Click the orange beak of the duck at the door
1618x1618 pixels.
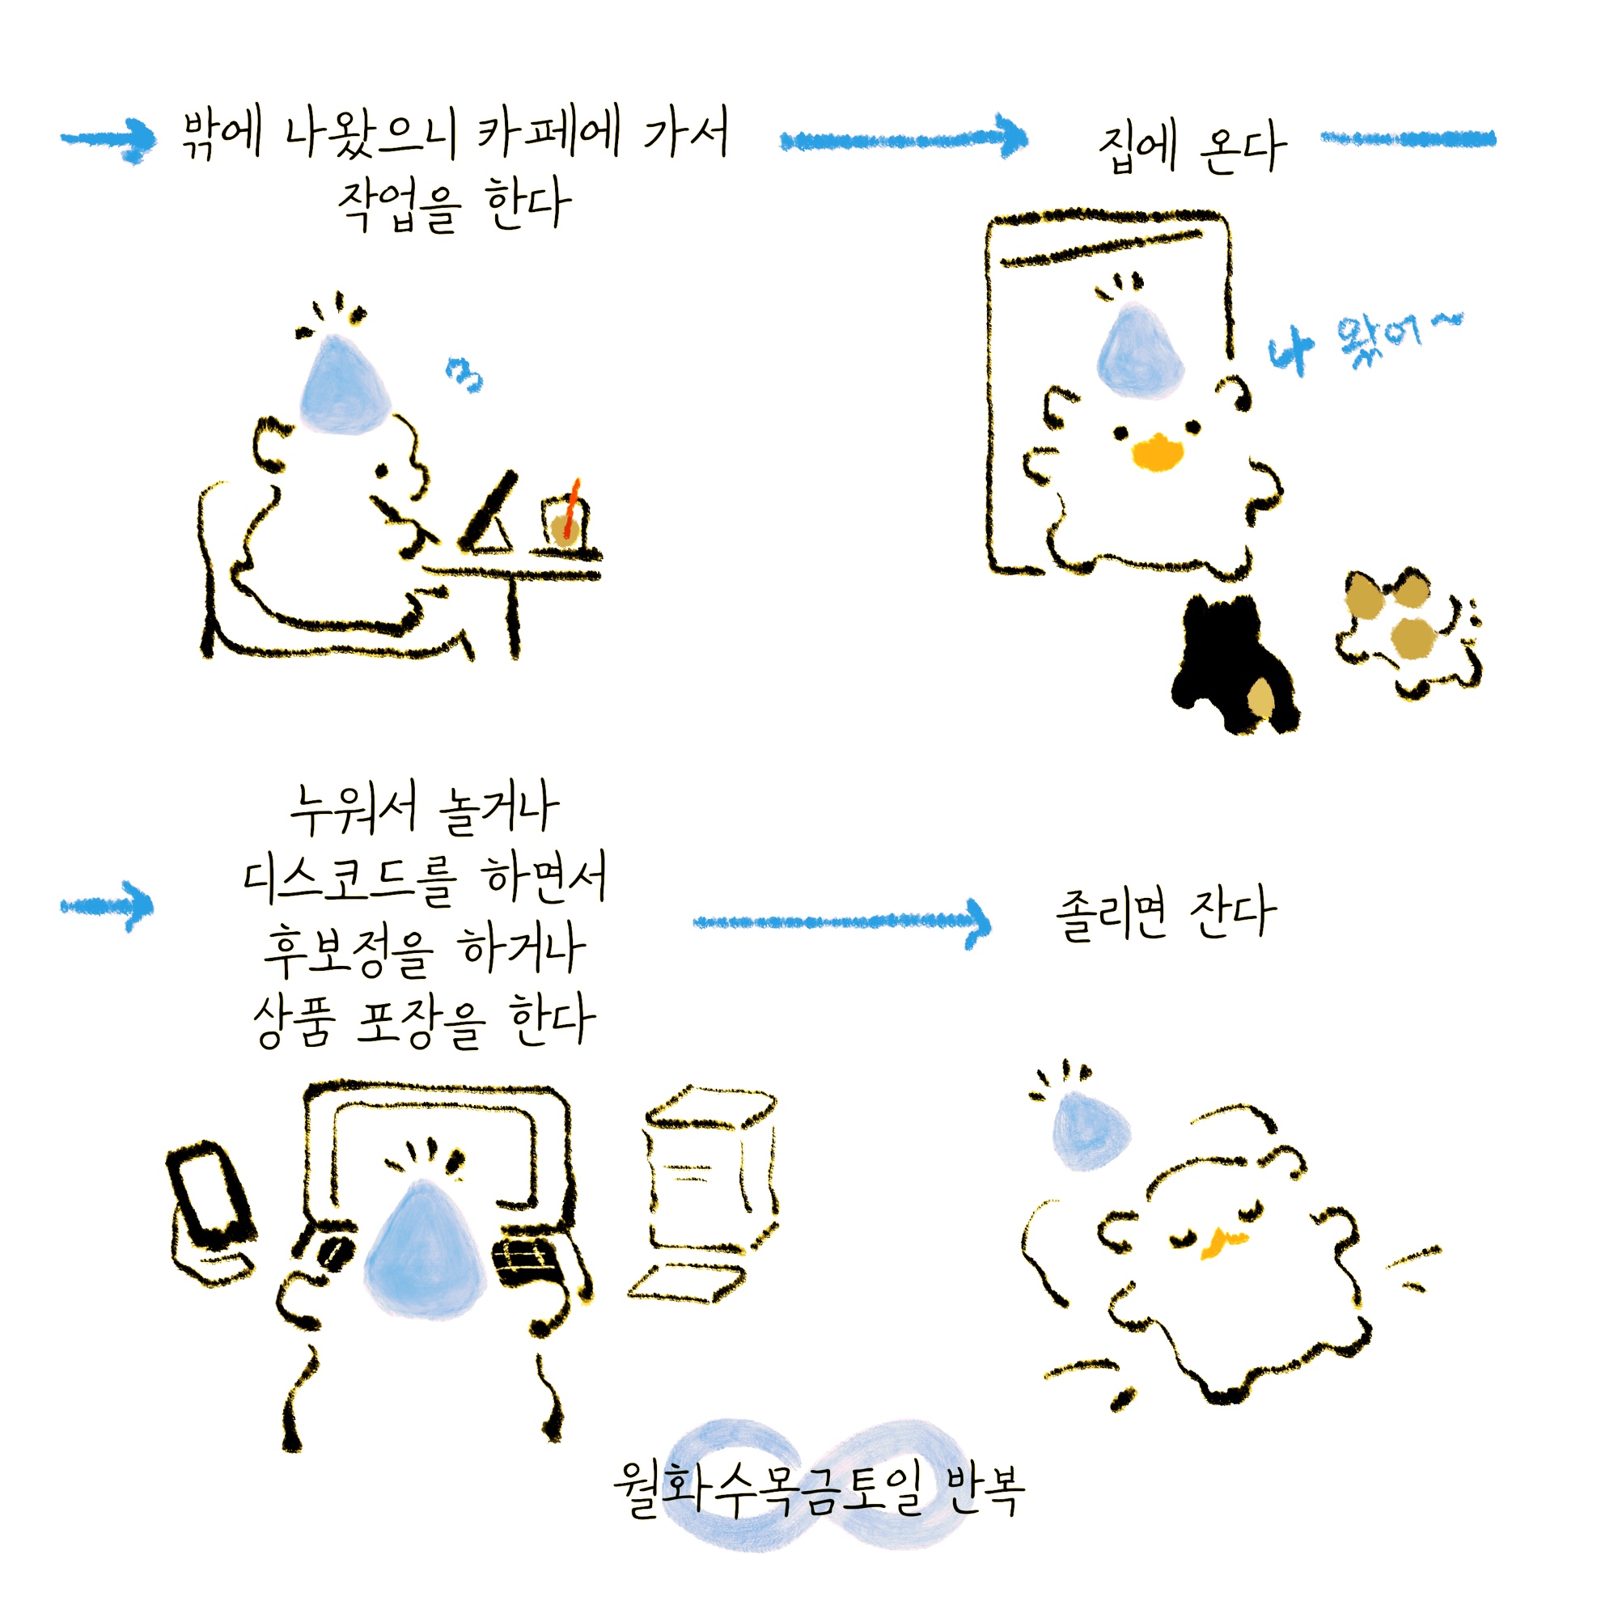coord(1158,451)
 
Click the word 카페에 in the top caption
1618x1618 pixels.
coord(549,134)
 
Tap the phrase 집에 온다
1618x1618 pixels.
coord(1192,146)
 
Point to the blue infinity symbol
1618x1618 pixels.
coord(817,1485)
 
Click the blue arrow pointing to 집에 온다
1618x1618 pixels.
coord(904,138)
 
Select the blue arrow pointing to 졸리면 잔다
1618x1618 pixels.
coord(841,922)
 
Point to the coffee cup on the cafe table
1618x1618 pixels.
coord(565,522)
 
